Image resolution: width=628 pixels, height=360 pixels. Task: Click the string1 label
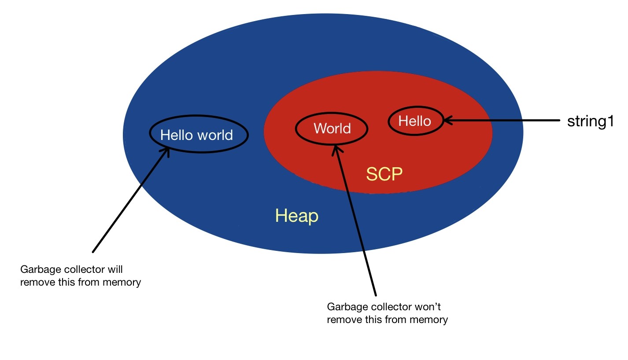click(x=590, y=121)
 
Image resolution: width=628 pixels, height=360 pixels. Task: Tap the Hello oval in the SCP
click(x=415, y=121)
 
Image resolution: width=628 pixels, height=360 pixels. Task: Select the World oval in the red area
click(x=332, y=129)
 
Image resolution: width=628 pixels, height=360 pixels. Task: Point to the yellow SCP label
click(x=384, y=175)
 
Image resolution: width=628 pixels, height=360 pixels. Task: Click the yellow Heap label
click(x=296, y=216)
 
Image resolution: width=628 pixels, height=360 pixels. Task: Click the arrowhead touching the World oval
click(x=336, y=150)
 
